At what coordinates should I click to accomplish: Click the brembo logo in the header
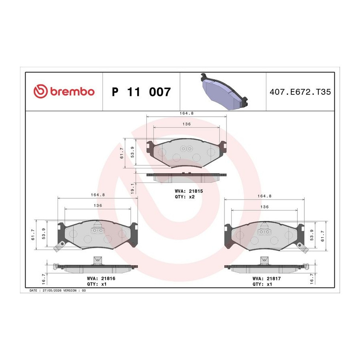coord(64,91)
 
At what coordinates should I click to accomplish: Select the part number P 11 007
coord(141,92)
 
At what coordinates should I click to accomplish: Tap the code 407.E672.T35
coord(300,92)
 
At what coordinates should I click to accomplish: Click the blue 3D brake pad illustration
coord(224,91)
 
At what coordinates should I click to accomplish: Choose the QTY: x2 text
coord(184,197)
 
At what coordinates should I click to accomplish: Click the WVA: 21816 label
coord(101,278)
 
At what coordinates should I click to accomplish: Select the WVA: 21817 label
coord(266,278)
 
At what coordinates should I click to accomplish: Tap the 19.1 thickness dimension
coord(132,188)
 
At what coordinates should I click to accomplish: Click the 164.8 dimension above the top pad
coord(186,113)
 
